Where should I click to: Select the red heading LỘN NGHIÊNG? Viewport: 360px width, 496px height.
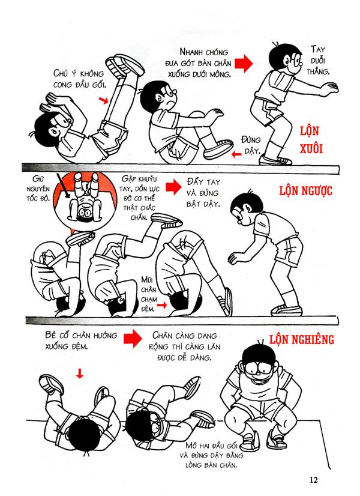(301, 339)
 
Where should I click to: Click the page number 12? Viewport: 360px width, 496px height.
(315, 480)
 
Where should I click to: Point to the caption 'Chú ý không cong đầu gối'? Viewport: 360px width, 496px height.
(75, 79)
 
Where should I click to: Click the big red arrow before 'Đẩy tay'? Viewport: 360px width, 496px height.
(173, 187)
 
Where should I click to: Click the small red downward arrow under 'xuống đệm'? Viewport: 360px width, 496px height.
(79, 374)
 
